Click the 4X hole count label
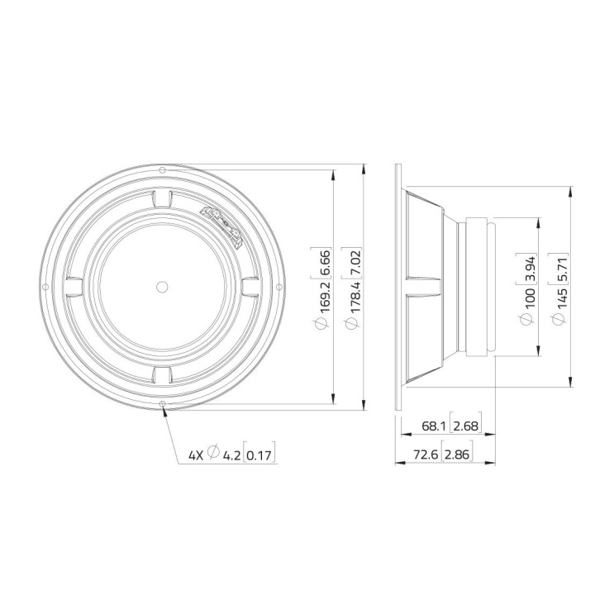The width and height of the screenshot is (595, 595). pyautogui.click(x=195, y=454)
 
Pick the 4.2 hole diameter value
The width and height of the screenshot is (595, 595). pyautogui.click(x=231, y=454)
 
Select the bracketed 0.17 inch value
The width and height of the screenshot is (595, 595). pyautogui.click(x=261, y=454)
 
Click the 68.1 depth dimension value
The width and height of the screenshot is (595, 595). pyautogui.click(x=433, y=426)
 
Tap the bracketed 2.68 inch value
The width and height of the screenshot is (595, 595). pyautogui.click(x=465, y=426)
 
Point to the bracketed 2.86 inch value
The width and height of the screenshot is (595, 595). pyautogui.click(x=457, y=455)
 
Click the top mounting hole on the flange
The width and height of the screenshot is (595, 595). pyautogui.click(x=162, y=169)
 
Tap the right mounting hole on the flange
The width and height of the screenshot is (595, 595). pyautogui.click(x=279, y=287)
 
